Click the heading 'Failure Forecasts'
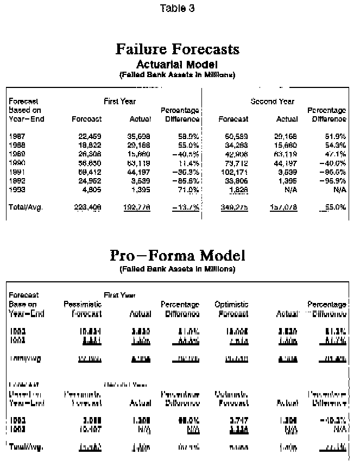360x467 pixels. point(178,49)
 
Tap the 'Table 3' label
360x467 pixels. point(178,8)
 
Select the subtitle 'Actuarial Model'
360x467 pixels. point(177,65)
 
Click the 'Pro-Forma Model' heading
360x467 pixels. point(178,255)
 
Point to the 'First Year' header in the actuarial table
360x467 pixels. point(120,101)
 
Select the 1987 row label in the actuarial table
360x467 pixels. point(17,136)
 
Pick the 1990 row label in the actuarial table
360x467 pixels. point(17,162)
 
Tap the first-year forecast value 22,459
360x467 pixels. point(90,136)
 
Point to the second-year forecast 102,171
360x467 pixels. point(234,171)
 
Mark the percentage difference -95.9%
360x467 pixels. point(333,180)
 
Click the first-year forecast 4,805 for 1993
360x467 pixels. point(91,188)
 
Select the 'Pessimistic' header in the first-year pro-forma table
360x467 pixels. point(83,305)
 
